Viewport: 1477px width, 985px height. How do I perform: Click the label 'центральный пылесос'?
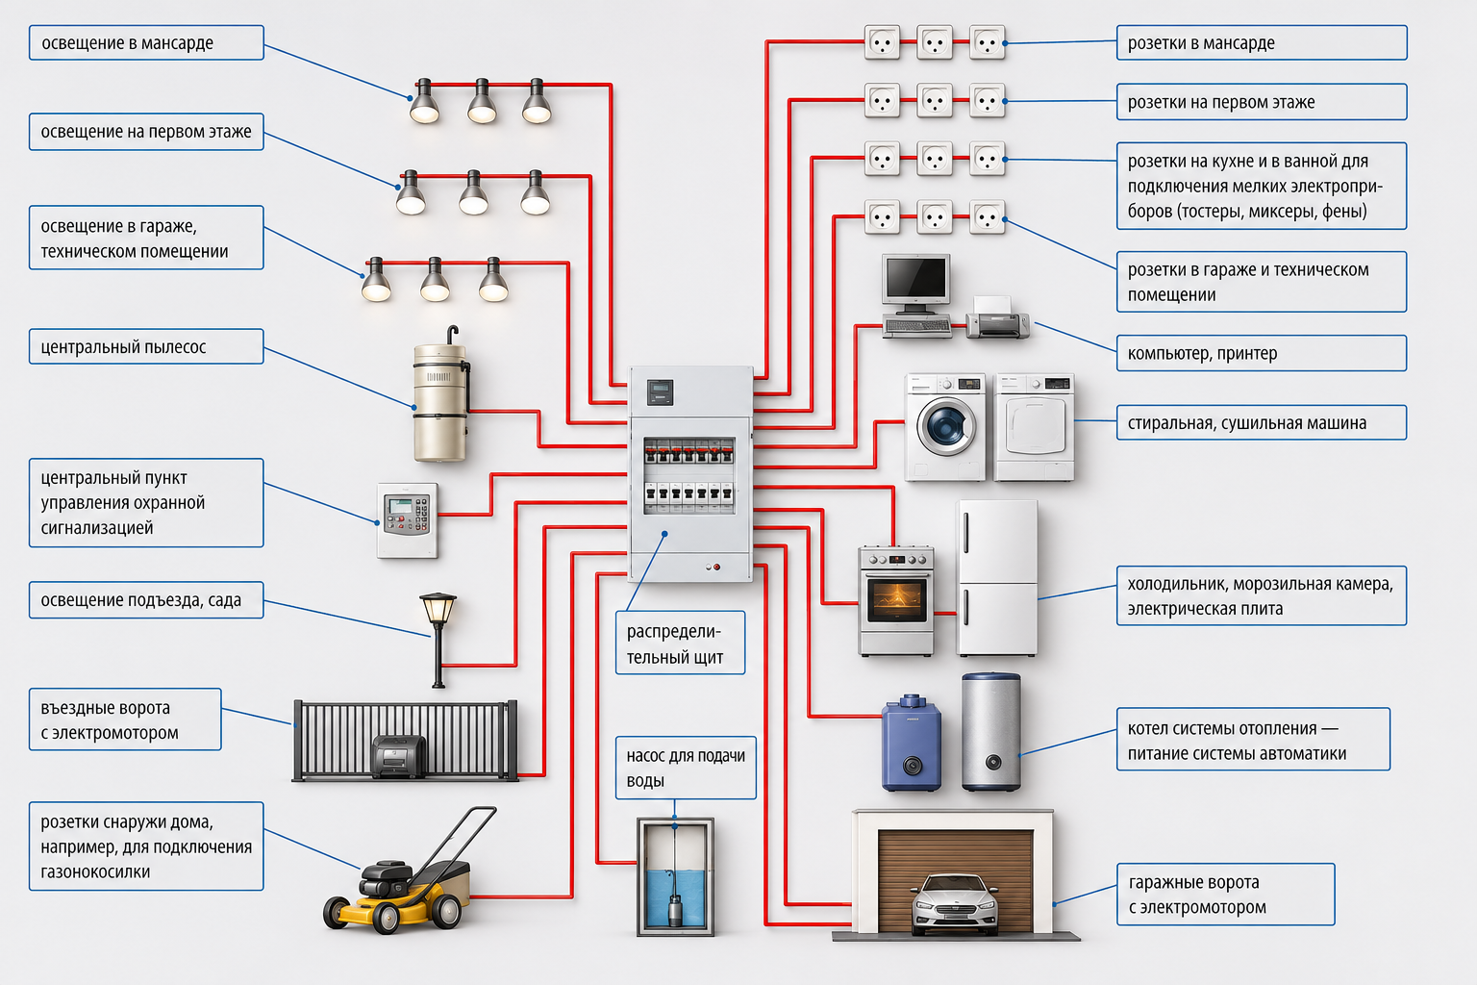point(146,346)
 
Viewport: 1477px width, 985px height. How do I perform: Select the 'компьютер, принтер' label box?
point(1262,353)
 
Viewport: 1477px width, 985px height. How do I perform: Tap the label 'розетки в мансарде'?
point(1262,43)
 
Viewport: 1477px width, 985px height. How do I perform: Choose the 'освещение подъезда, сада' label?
point(146,599)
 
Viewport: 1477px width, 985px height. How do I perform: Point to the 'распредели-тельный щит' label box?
point(680,643)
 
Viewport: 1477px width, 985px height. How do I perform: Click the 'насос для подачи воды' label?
point(686,768)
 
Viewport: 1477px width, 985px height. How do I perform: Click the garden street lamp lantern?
point(438,608)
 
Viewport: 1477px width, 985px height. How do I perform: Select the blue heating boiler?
point(912,743)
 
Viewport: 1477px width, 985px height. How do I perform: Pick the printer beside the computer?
point(997,317)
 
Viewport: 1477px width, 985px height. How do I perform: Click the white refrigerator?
point(997,578)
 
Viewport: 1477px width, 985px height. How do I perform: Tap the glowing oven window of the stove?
point(896,600)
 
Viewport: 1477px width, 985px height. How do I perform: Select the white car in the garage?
point(954,904)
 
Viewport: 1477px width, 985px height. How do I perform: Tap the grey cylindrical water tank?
point(991,732)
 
